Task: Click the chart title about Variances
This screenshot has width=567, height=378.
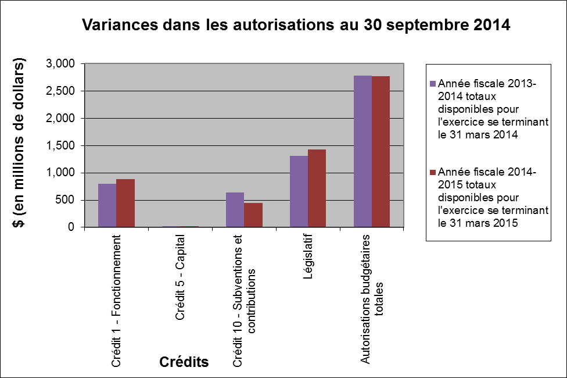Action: (x=296, y=26)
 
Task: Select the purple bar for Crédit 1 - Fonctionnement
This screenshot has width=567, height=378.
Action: (x=107, y=205)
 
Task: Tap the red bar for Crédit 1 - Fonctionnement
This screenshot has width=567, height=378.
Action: (x=125, y=203)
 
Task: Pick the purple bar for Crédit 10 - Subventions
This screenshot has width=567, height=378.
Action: (x=235, y=210)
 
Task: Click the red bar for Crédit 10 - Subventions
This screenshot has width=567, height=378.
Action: (x=253, y=215)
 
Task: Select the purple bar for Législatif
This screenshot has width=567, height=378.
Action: (x=299, y=191)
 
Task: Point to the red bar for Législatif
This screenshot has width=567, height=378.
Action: (x=317, y=188)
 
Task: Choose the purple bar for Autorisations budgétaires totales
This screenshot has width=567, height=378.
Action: (x=363, y=151)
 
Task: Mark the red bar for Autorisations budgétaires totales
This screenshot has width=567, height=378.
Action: (x=381, y=152)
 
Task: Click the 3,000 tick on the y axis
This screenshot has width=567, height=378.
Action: (x=62, y=63)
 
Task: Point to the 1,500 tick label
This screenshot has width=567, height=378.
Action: (x=62, y=145)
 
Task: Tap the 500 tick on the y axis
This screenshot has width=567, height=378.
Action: (x=67, y=200)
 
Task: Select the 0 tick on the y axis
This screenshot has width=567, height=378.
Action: (x=71, y=227)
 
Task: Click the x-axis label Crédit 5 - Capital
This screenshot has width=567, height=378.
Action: (x=180, y=277)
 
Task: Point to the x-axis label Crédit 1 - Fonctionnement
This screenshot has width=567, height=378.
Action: (x=116, y=301)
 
